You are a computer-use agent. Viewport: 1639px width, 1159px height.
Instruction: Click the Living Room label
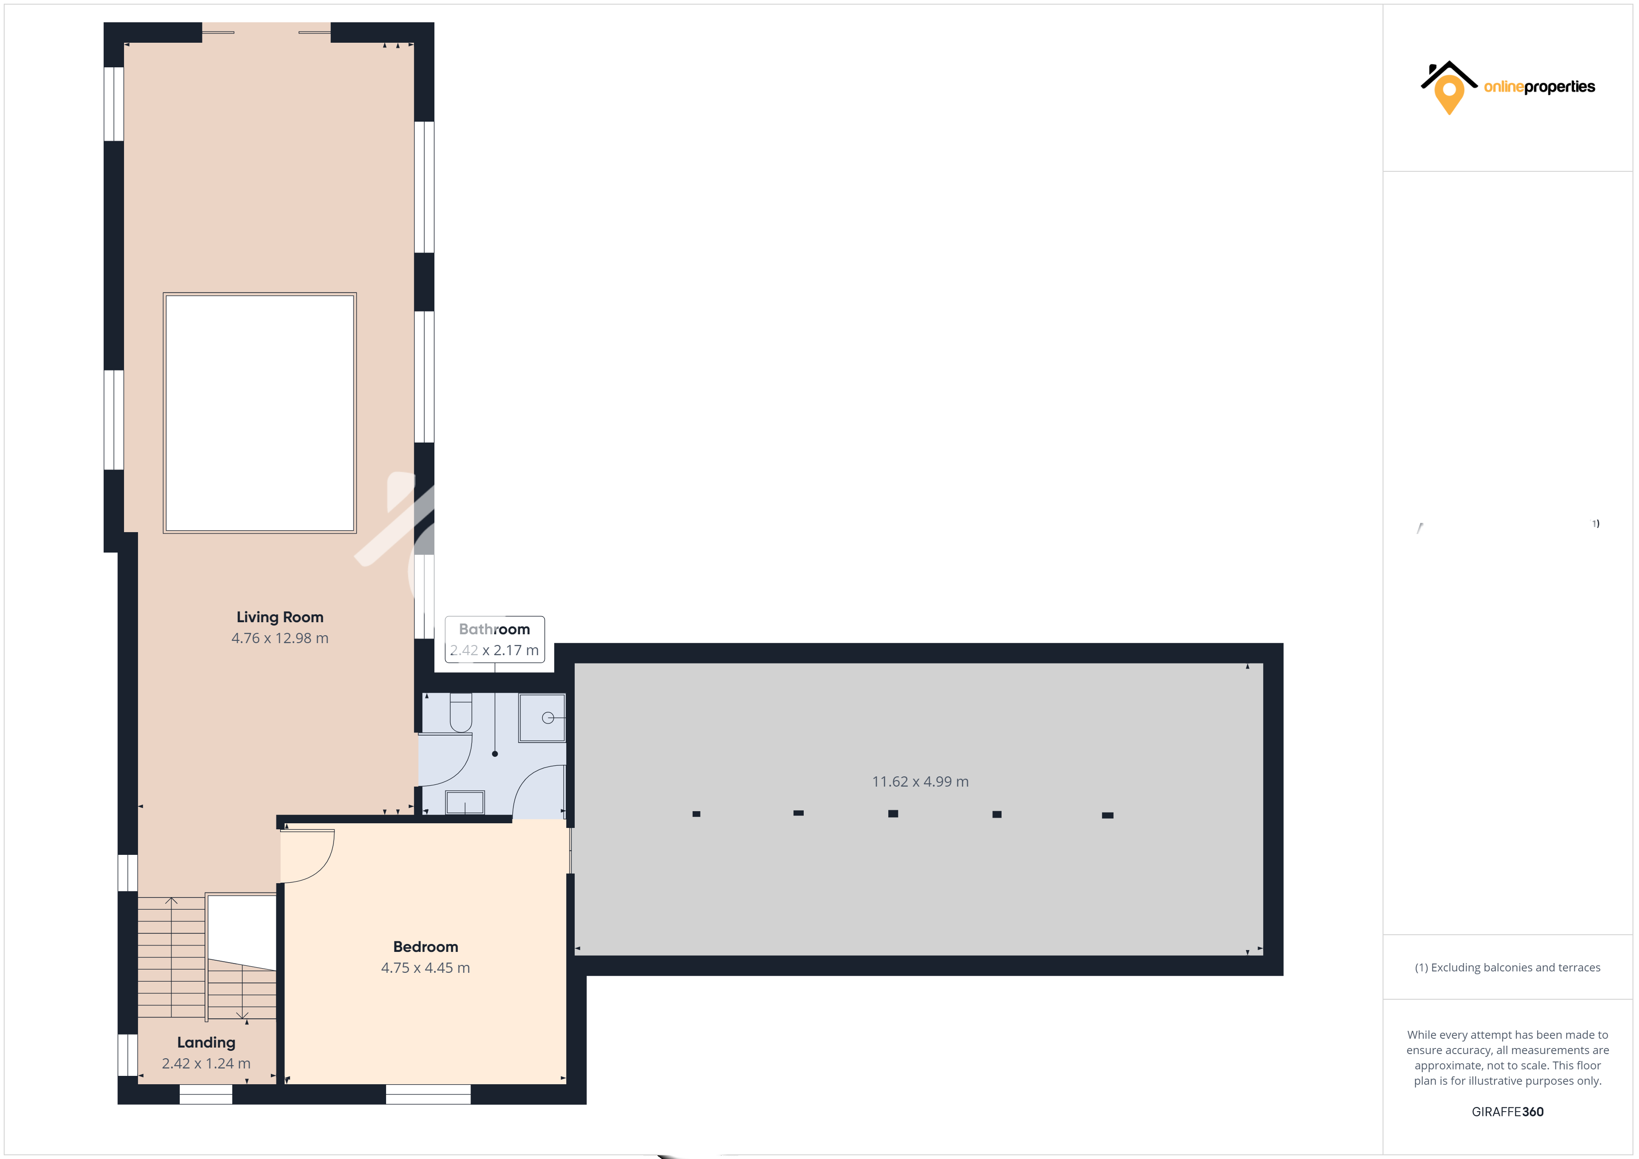[x=280, y=617]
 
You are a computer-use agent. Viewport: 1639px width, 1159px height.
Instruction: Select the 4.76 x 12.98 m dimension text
[x=280, y=638]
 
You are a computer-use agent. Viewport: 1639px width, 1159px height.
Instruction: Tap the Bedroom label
[x=426, y=947]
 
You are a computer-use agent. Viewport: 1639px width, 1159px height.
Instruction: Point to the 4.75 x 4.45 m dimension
[x=426, y=968]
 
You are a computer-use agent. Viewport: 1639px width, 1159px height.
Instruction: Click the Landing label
[x=206, y=1042]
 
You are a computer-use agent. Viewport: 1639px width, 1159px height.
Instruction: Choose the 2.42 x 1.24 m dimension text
[x=206, y=1063]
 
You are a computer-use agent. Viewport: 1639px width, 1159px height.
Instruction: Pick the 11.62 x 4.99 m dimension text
[x=920, y=781]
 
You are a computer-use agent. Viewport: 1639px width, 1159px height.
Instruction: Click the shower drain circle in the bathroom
[x=548, y=718]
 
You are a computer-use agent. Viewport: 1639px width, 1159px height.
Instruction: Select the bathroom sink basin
[x=465, y=802]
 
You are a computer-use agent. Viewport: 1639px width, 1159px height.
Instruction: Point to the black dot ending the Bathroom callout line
[x=495, y=754]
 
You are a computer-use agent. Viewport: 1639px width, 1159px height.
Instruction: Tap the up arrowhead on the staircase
[x=171, y=901]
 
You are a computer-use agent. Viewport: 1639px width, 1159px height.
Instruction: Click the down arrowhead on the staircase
[x=242, y=1015]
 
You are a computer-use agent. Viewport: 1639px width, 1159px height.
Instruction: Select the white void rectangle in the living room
[x=260, y=413]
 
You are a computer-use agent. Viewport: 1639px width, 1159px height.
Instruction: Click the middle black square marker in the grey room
[x=893, y=814]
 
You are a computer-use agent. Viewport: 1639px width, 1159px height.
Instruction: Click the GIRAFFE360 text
[x=1508, y=1112]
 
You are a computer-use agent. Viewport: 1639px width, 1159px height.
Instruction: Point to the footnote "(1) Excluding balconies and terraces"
[x=1508, y=968]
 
